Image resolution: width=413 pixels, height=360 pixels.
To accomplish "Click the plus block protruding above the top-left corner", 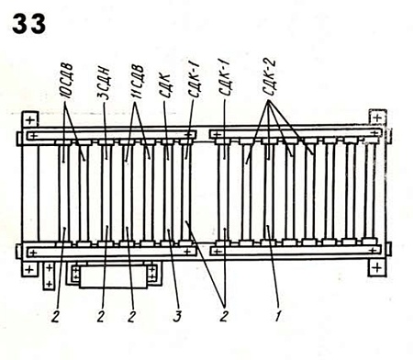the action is pos(30,120).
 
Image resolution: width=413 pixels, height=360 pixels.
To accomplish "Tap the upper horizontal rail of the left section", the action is pos(110,137).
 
